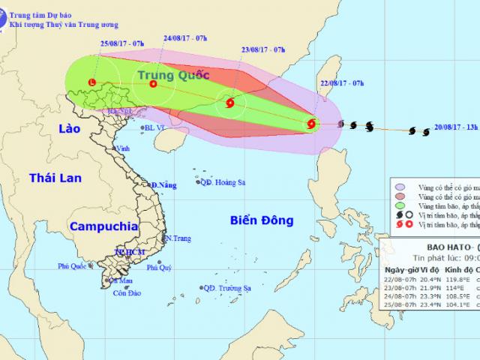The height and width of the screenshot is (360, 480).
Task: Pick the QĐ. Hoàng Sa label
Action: (x=223, y=181)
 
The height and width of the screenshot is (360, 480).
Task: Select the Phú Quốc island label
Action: (x=76, y=266)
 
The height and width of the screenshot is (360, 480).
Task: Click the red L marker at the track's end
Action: (x=91, y=82)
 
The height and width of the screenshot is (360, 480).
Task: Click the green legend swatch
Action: (x=401, y=205)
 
